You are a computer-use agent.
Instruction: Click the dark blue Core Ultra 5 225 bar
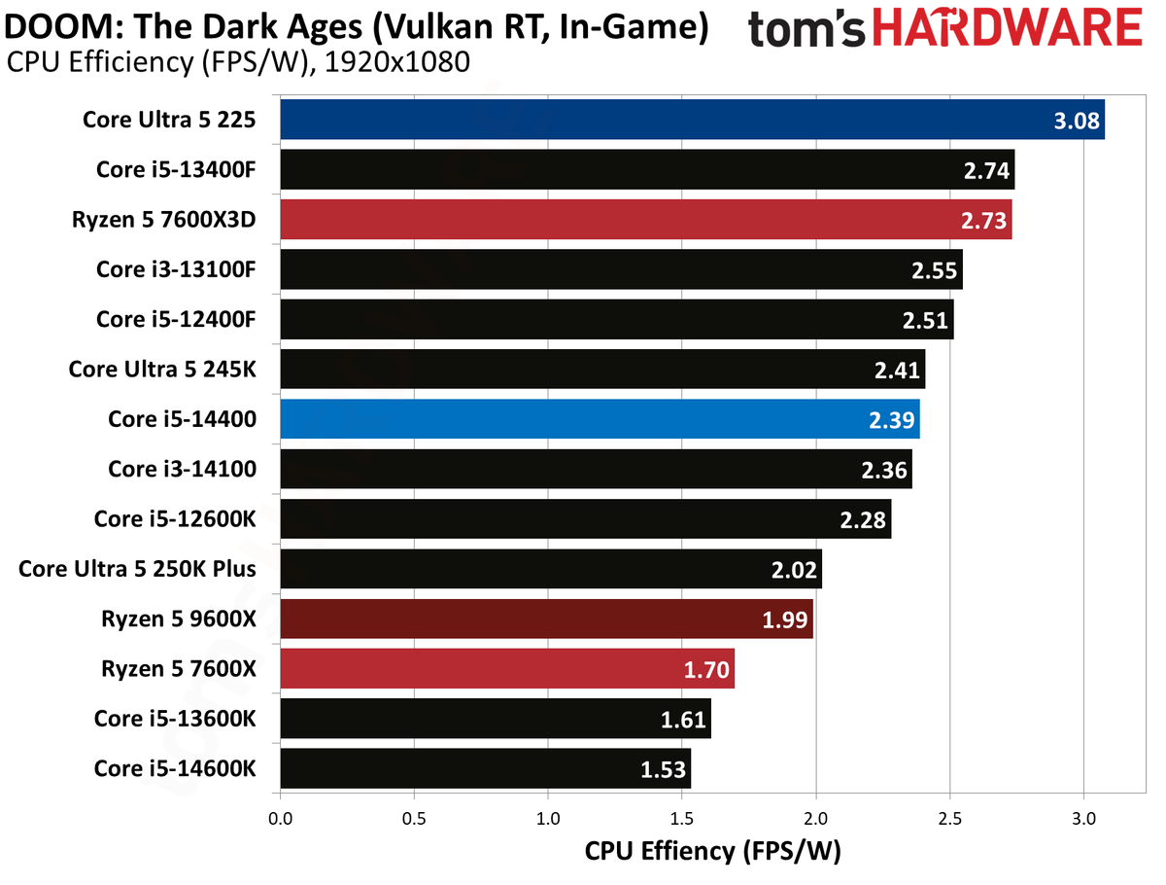pos(692,119)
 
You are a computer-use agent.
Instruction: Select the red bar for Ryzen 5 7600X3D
pos(646,220)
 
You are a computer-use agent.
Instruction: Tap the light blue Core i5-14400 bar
pos(600,419)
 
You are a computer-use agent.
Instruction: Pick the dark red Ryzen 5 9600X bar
pos(547,619)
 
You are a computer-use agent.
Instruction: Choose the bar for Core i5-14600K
pos(486,768)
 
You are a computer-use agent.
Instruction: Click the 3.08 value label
pos(1077,121)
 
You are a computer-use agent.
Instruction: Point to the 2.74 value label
pos(986,170)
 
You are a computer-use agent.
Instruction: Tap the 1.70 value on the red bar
pos(706,670)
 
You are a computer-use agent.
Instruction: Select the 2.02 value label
pos(794,570)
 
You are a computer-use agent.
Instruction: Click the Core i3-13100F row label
pos(176,269)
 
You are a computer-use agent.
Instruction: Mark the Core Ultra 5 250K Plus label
pos(137,569)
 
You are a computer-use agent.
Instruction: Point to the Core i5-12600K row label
pos(175,518)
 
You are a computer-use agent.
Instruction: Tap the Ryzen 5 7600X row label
pos(179,669)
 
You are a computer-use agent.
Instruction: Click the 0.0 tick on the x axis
pos(281,819)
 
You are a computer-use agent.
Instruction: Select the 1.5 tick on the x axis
pos(681,819)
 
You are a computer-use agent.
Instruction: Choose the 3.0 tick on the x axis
pos(1083,819)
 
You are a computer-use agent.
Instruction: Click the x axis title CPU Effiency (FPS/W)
pos(713,851)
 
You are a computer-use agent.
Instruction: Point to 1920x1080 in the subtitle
pos(396,62)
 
